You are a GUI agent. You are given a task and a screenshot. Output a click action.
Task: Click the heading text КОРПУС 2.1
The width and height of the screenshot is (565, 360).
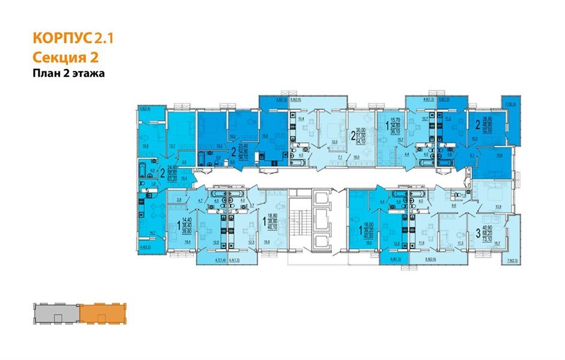72,39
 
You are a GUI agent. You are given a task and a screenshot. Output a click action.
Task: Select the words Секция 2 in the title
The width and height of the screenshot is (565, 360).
64,57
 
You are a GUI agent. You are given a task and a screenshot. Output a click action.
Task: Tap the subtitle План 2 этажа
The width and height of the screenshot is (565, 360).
68,74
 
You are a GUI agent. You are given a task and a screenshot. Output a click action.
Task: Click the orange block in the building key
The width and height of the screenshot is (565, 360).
100,313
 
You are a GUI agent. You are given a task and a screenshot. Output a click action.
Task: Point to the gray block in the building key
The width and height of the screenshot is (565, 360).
55,313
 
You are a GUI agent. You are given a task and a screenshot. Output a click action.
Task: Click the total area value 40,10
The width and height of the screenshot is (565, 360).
274,227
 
